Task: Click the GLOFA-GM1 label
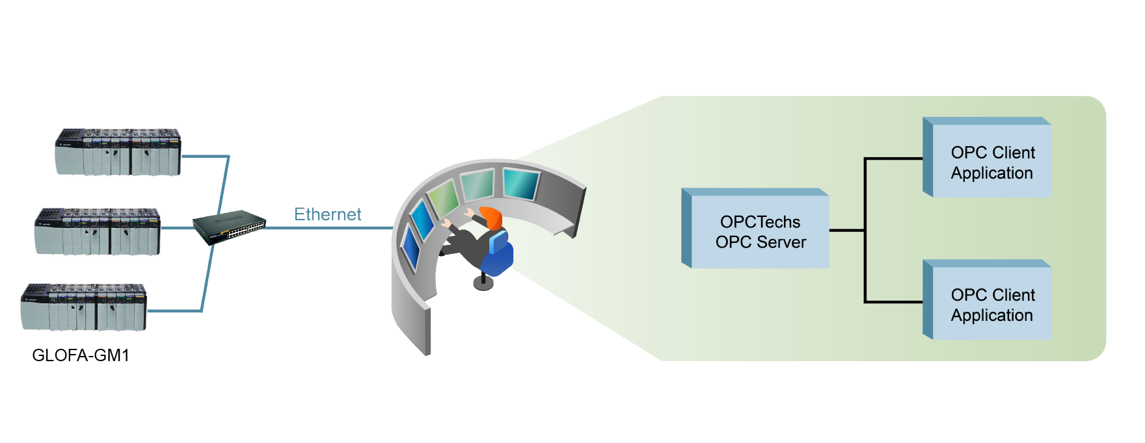pyautogui.click(x=81, y=355)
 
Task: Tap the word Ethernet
pyautogui.click(x=327, y=214)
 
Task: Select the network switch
pyautogui.click(x=229, y=227)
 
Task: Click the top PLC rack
pyautogui.click(x=118, y=153)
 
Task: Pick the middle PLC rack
pyautogui.click(x=98, y=232)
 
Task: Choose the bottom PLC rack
pyautogui.click(x=83, y=307)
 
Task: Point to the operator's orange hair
pyautogui.click(x=492, y=217)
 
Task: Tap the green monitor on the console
pyautogui.click(x=444, y=197)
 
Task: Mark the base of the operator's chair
pyautogui.click(x=483, y=283)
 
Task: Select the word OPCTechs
pyautogui.click(x=760, y=222)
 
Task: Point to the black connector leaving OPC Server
pyautogui.click(x=846, y=230)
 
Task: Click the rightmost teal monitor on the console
pyautogui.click(x=520, y=183)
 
